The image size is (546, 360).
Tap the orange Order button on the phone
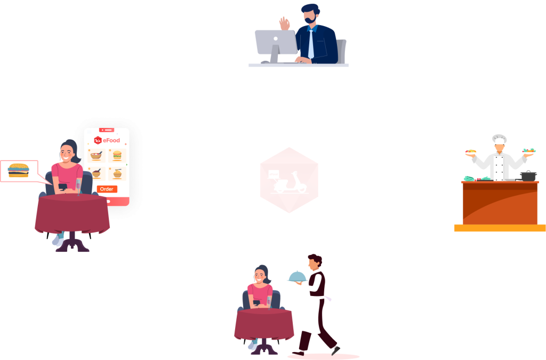pos(107,189)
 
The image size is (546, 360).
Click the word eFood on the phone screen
pos(111,141)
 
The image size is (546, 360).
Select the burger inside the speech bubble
pos(19,170)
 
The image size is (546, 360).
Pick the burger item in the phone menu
pos(117,156)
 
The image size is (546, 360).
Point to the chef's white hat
pos(499,139)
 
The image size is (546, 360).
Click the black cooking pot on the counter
pos(528,175)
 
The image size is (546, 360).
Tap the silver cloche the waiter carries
pos(296,276)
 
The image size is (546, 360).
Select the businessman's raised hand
pos(284,23)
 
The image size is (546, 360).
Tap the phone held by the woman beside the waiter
pos(256,302)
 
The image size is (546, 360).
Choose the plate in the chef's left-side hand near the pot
pos(529,151)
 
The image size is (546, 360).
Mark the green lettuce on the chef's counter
pos(469,178)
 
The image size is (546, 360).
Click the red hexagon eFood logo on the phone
pos(98,140)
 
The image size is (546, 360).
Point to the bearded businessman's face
pos(310,18)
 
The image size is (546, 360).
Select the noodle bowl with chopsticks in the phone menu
pos(117,173)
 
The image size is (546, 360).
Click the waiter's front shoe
pos(335,350)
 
